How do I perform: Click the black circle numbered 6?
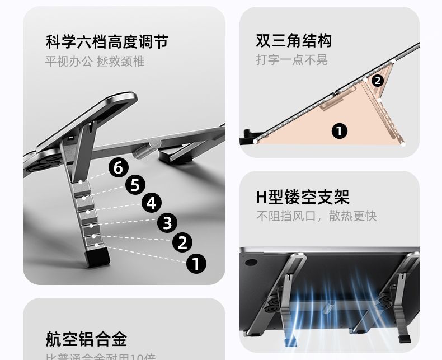[x=118, y=167]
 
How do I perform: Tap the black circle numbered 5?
[x=135, y=184]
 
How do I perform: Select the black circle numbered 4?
[x=151, y=203]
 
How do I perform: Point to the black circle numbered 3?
[x=167, y=223]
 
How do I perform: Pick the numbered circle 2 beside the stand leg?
[x=182, y=242]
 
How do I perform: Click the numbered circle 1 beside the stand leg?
[x=196, y=263]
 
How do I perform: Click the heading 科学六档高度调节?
[x=106, y=42]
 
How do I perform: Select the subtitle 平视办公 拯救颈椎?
[x=95, y=61]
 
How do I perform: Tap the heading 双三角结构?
[x=294, y=41]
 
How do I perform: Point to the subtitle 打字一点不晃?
[x=291, y=59]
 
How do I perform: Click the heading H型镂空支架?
[x=302, y=197]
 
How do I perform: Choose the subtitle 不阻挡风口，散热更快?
[x=316, y=216]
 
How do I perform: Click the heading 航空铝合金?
[x=86, y=339]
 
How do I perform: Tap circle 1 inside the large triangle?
[x=340, y=131]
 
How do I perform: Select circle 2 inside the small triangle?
[x=378, y=80]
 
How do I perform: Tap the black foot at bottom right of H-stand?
[x=406, y=339]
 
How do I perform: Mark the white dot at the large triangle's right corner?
[x=403, y=144]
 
